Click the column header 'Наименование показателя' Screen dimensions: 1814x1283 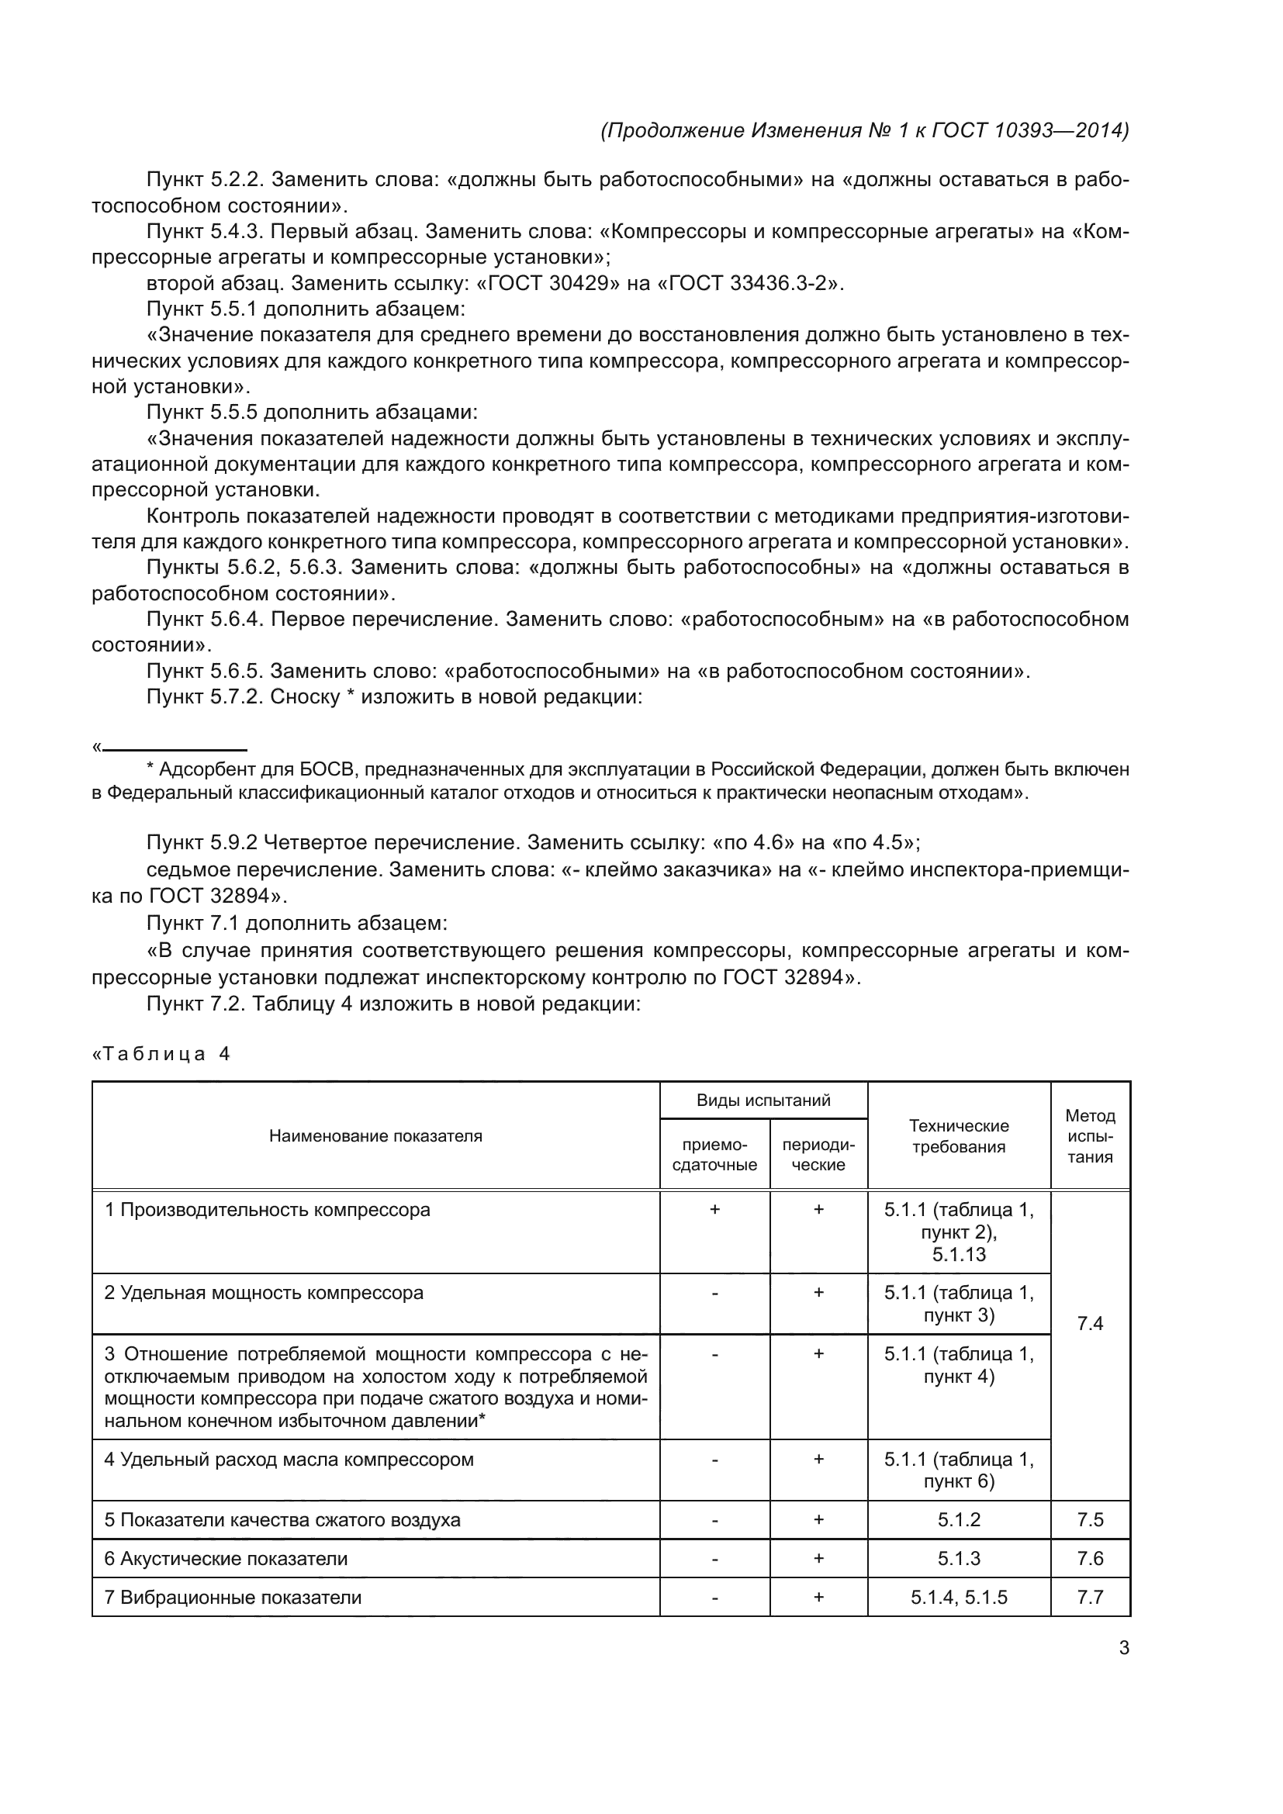375,1136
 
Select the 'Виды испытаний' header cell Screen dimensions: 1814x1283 763,1100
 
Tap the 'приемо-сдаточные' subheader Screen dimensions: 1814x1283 714,1154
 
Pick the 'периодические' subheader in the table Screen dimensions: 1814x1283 818,1154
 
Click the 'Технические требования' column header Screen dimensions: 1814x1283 958,1136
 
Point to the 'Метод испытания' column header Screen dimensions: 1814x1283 1089,1136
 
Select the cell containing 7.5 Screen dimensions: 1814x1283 1089,1520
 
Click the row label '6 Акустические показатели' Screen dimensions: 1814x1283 226,1559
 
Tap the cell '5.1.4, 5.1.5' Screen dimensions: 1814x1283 958,1598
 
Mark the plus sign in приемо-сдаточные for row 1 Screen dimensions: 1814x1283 714,1210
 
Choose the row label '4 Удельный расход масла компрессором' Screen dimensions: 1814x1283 289,1460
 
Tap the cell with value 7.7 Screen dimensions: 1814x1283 1089,1598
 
